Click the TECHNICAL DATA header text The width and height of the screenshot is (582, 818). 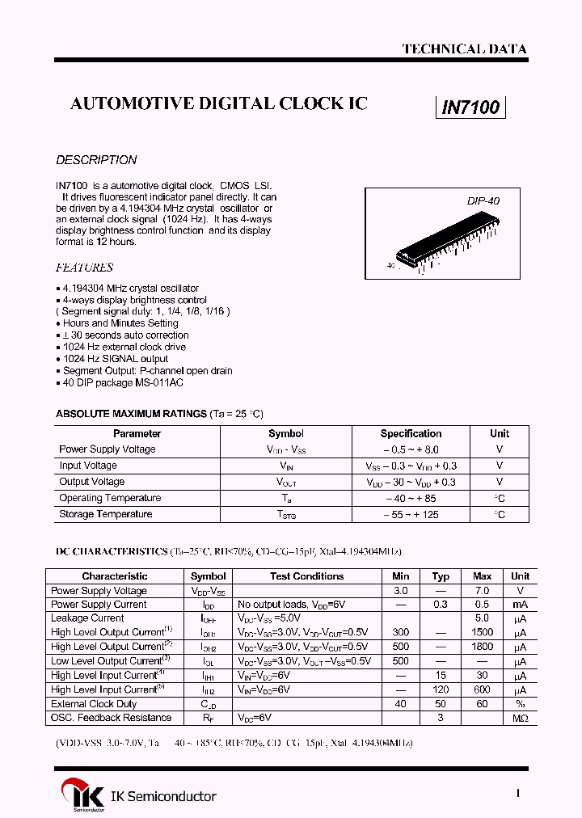tap(464, 49)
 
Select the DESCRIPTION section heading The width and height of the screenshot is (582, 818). tap(96, 160)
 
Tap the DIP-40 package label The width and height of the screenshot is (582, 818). tap(483, 200)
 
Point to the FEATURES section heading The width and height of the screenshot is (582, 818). tap(84, 268)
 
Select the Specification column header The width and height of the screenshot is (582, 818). tap(411, 433)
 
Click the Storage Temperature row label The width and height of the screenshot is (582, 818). tap(105, 514)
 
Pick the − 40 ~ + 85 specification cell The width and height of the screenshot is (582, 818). tap(411, 498)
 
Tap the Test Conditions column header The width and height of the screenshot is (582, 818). tap(306, 576)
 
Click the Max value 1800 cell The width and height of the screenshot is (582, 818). tap(482, 647)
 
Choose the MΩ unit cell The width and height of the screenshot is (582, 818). tap(520, 718)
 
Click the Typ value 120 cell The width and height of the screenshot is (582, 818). tap(441, 689)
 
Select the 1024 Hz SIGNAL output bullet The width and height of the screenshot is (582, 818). tap(115, 359)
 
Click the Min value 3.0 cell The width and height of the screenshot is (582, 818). tap(400, 591)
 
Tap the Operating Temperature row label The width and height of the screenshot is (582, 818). tap(110, 498)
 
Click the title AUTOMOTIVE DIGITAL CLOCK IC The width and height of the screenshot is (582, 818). tap(219, 103)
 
